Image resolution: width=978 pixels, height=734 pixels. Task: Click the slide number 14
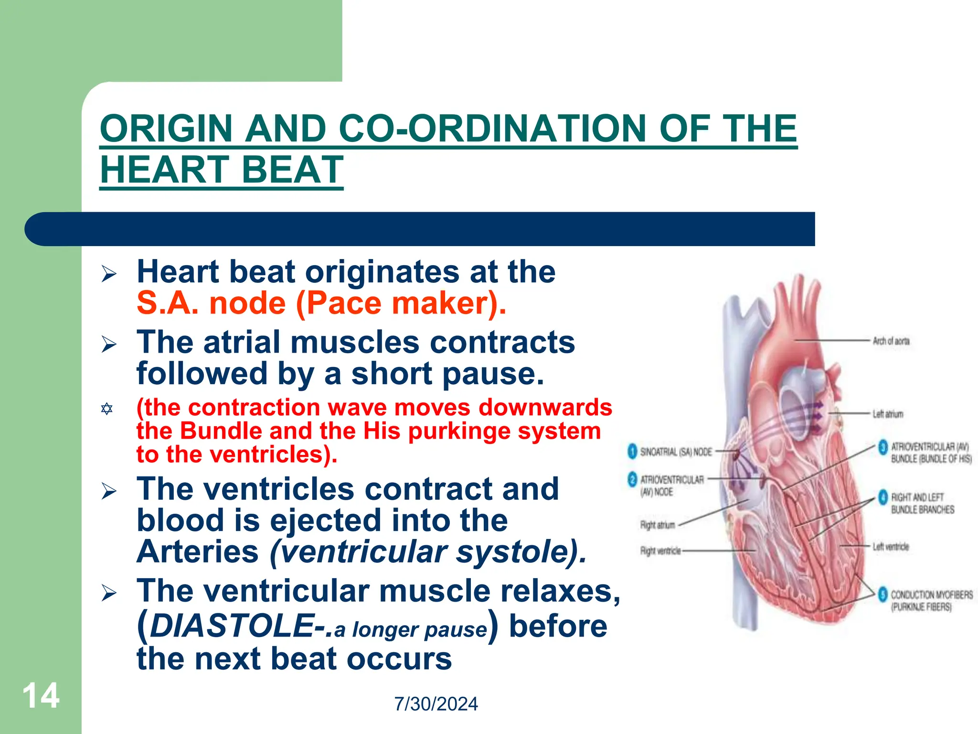41,696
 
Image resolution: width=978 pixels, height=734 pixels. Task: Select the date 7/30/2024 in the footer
436,704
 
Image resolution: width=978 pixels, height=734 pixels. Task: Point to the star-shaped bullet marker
107,409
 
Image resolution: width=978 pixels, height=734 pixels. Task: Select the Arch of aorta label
891,341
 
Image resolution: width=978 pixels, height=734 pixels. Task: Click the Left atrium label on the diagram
888,414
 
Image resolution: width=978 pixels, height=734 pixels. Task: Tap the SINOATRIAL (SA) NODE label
676,452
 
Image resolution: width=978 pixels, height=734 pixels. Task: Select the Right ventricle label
660,551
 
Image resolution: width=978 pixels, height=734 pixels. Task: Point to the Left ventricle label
891,547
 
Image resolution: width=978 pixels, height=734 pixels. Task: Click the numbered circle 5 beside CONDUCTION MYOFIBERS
883,594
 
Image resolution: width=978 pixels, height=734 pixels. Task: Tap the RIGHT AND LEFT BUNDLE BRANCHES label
922,504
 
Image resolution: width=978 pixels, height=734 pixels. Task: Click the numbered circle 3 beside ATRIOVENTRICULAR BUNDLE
883,447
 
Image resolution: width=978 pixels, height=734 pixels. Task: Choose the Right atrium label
658,525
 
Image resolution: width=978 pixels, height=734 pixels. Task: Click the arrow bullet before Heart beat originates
109,274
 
